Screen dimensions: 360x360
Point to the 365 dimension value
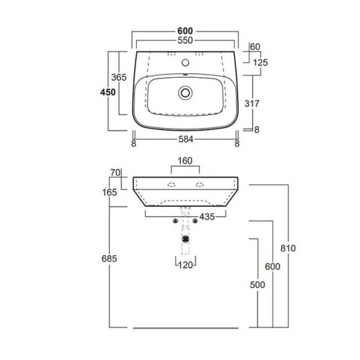pyautogui.click(x=118, y=77)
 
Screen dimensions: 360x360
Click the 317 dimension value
pyautogui.click(x=252, y=103)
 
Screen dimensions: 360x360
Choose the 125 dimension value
pyautogui.click(x=260, y=62)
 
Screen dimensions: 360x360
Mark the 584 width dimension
pyautogui.click(x=185, y=143)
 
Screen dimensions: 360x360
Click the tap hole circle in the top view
pyautogui.click(x=185, y=62)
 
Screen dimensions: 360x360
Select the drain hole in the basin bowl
pyautogui.click(x=185, y=92)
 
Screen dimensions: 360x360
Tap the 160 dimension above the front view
pyautogui.click(x=185, y=161)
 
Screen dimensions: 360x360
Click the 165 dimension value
pyautogui.click(x=109, y=193)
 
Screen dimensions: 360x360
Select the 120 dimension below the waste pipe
pyautogui.click(x=185, y=265)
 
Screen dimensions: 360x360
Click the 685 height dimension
pyautogui.click(x=109, y=259)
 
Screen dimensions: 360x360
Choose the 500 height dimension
pyautogui.click(x=257, y=285)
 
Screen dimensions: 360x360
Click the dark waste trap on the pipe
pyautogui.click(x=186, y=238)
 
